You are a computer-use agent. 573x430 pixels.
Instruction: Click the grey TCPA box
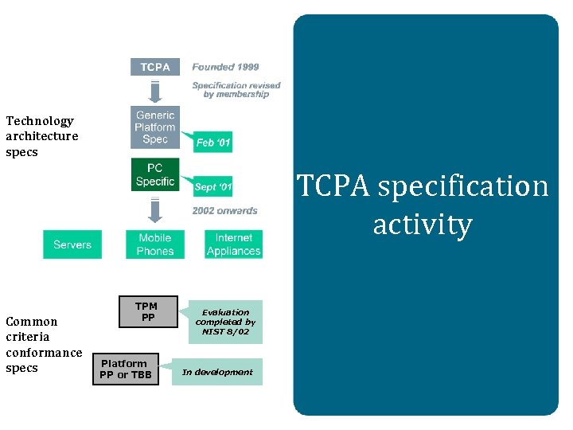155,67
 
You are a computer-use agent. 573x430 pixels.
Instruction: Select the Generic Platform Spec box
155,127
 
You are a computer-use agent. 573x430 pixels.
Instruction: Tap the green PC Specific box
155,175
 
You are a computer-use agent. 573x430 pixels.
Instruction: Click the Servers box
72,244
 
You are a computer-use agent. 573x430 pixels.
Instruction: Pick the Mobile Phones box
155,244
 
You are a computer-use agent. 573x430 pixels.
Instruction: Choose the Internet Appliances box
233,244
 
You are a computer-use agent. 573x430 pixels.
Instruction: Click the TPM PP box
146,312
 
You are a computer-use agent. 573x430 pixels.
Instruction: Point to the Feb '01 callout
213,143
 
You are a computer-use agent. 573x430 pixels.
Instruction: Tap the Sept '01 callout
213,188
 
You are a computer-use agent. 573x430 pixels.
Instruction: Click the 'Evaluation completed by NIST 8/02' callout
225,322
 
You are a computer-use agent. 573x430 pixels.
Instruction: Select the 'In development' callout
217,372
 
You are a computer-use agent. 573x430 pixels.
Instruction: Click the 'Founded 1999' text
225,67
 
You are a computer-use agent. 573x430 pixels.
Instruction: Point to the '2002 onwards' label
224,211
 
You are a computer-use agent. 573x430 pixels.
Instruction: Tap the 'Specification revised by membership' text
236,89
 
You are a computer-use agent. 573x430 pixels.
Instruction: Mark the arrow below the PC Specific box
155,209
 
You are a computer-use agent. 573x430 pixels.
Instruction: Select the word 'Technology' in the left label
40,121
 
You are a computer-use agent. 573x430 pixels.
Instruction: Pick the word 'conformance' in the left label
44,353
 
